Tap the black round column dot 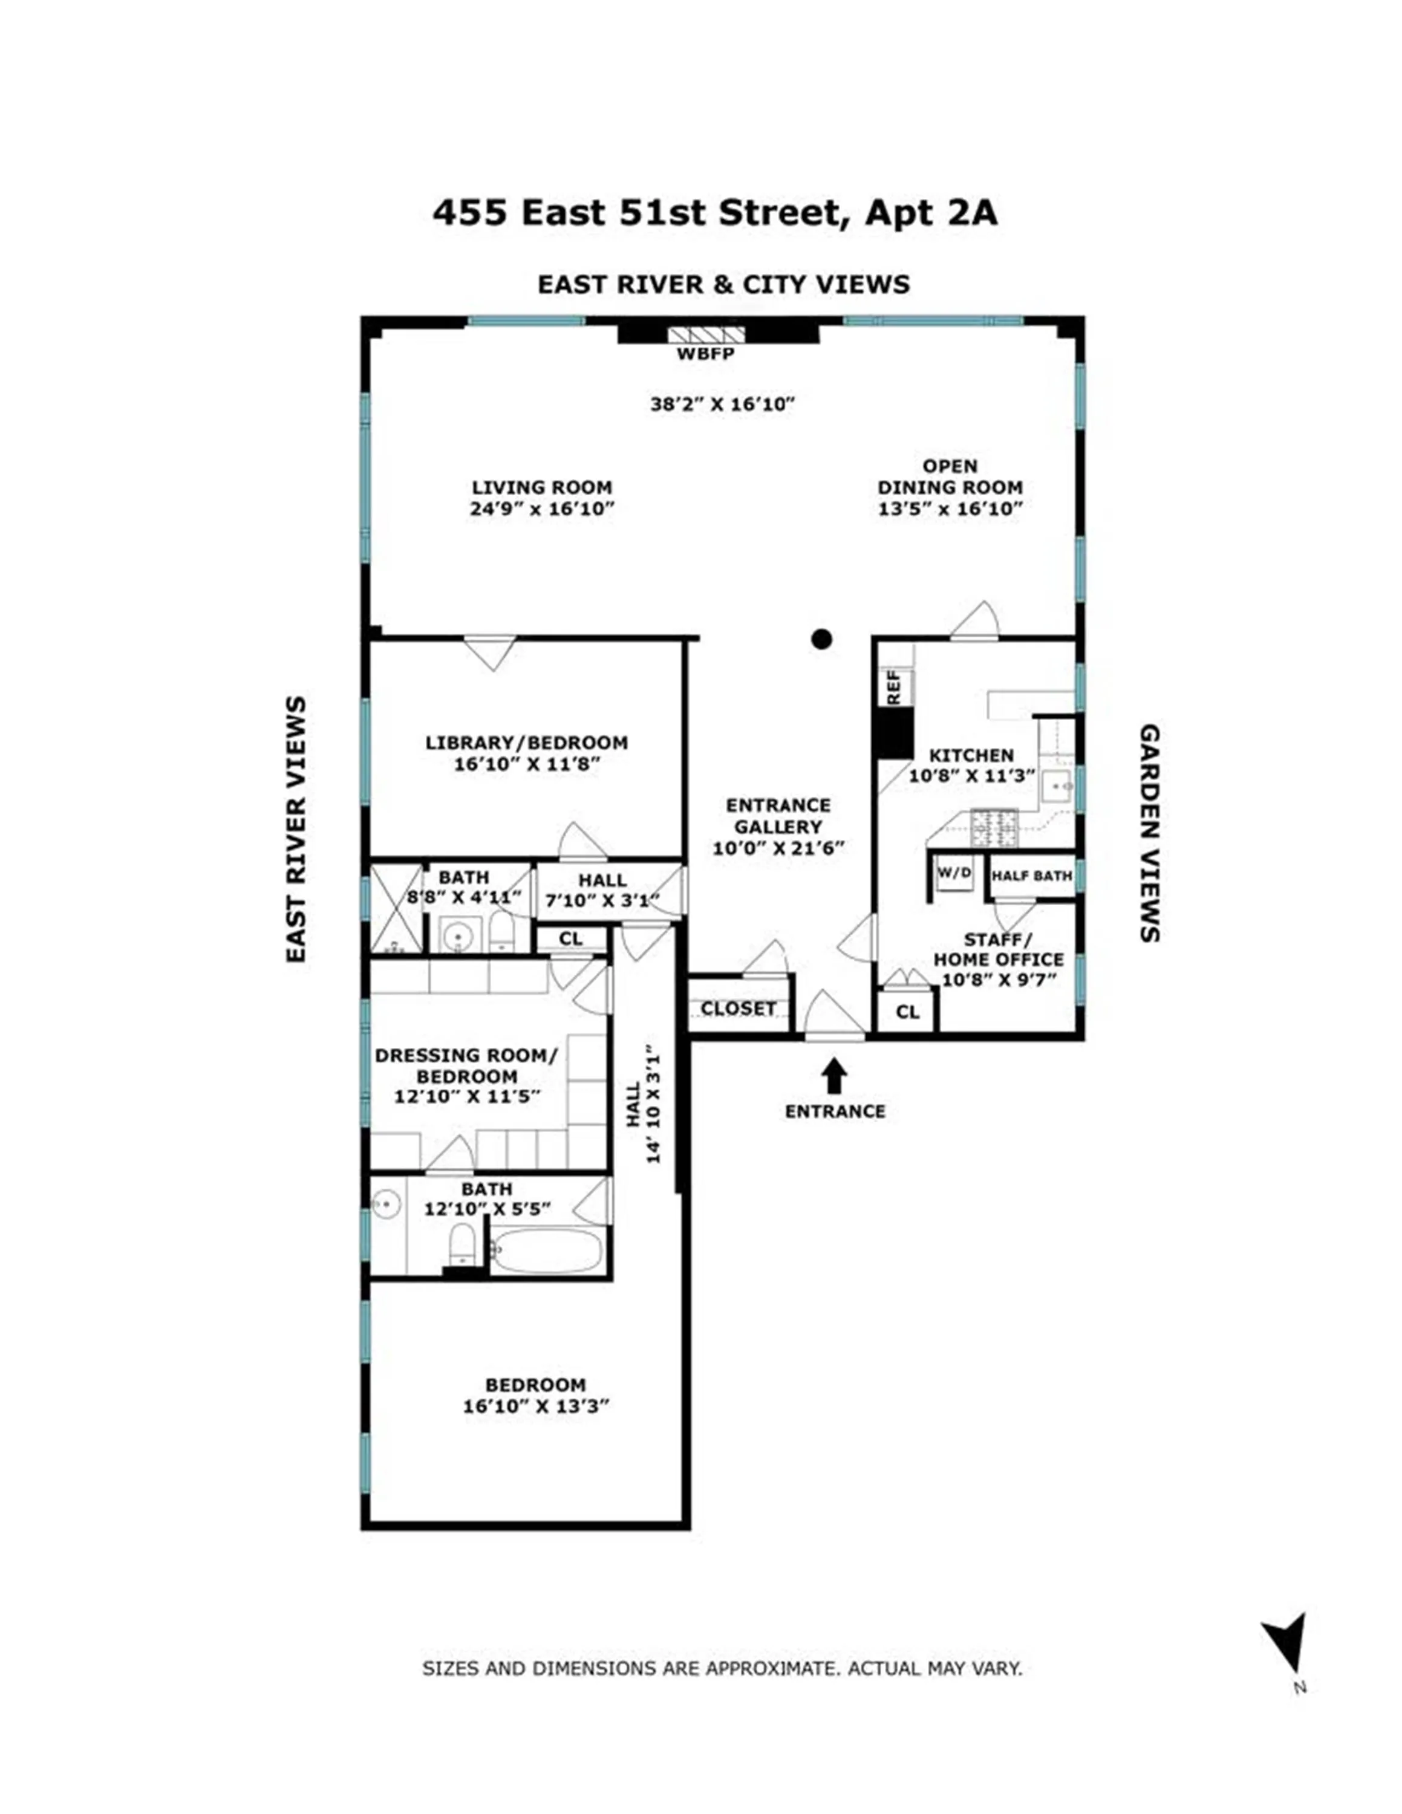click(821, 639)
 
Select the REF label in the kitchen click(894, 688)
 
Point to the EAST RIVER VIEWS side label click(296, 829)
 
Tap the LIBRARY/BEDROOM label click(527, 743)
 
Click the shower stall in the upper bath click(396, 909)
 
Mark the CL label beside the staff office click(908, 1012)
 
